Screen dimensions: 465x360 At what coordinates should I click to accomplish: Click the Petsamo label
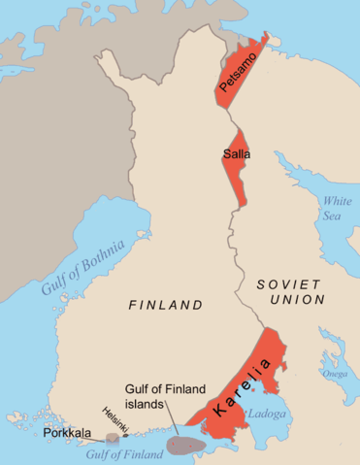pos(240,74)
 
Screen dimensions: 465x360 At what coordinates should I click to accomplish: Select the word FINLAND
pos(166,305)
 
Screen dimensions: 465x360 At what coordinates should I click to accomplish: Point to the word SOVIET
pos(287,283)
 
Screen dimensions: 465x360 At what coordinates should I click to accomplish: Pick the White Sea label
pos(337,207)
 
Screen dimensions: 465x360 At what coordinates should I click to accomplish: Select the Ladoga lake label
pos(266,414)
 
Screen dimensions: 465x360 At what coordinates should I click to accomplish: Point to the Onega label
pos(335,374)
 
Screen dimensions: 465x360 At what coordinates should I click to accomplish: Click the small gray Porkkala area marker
pos(114,438)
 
